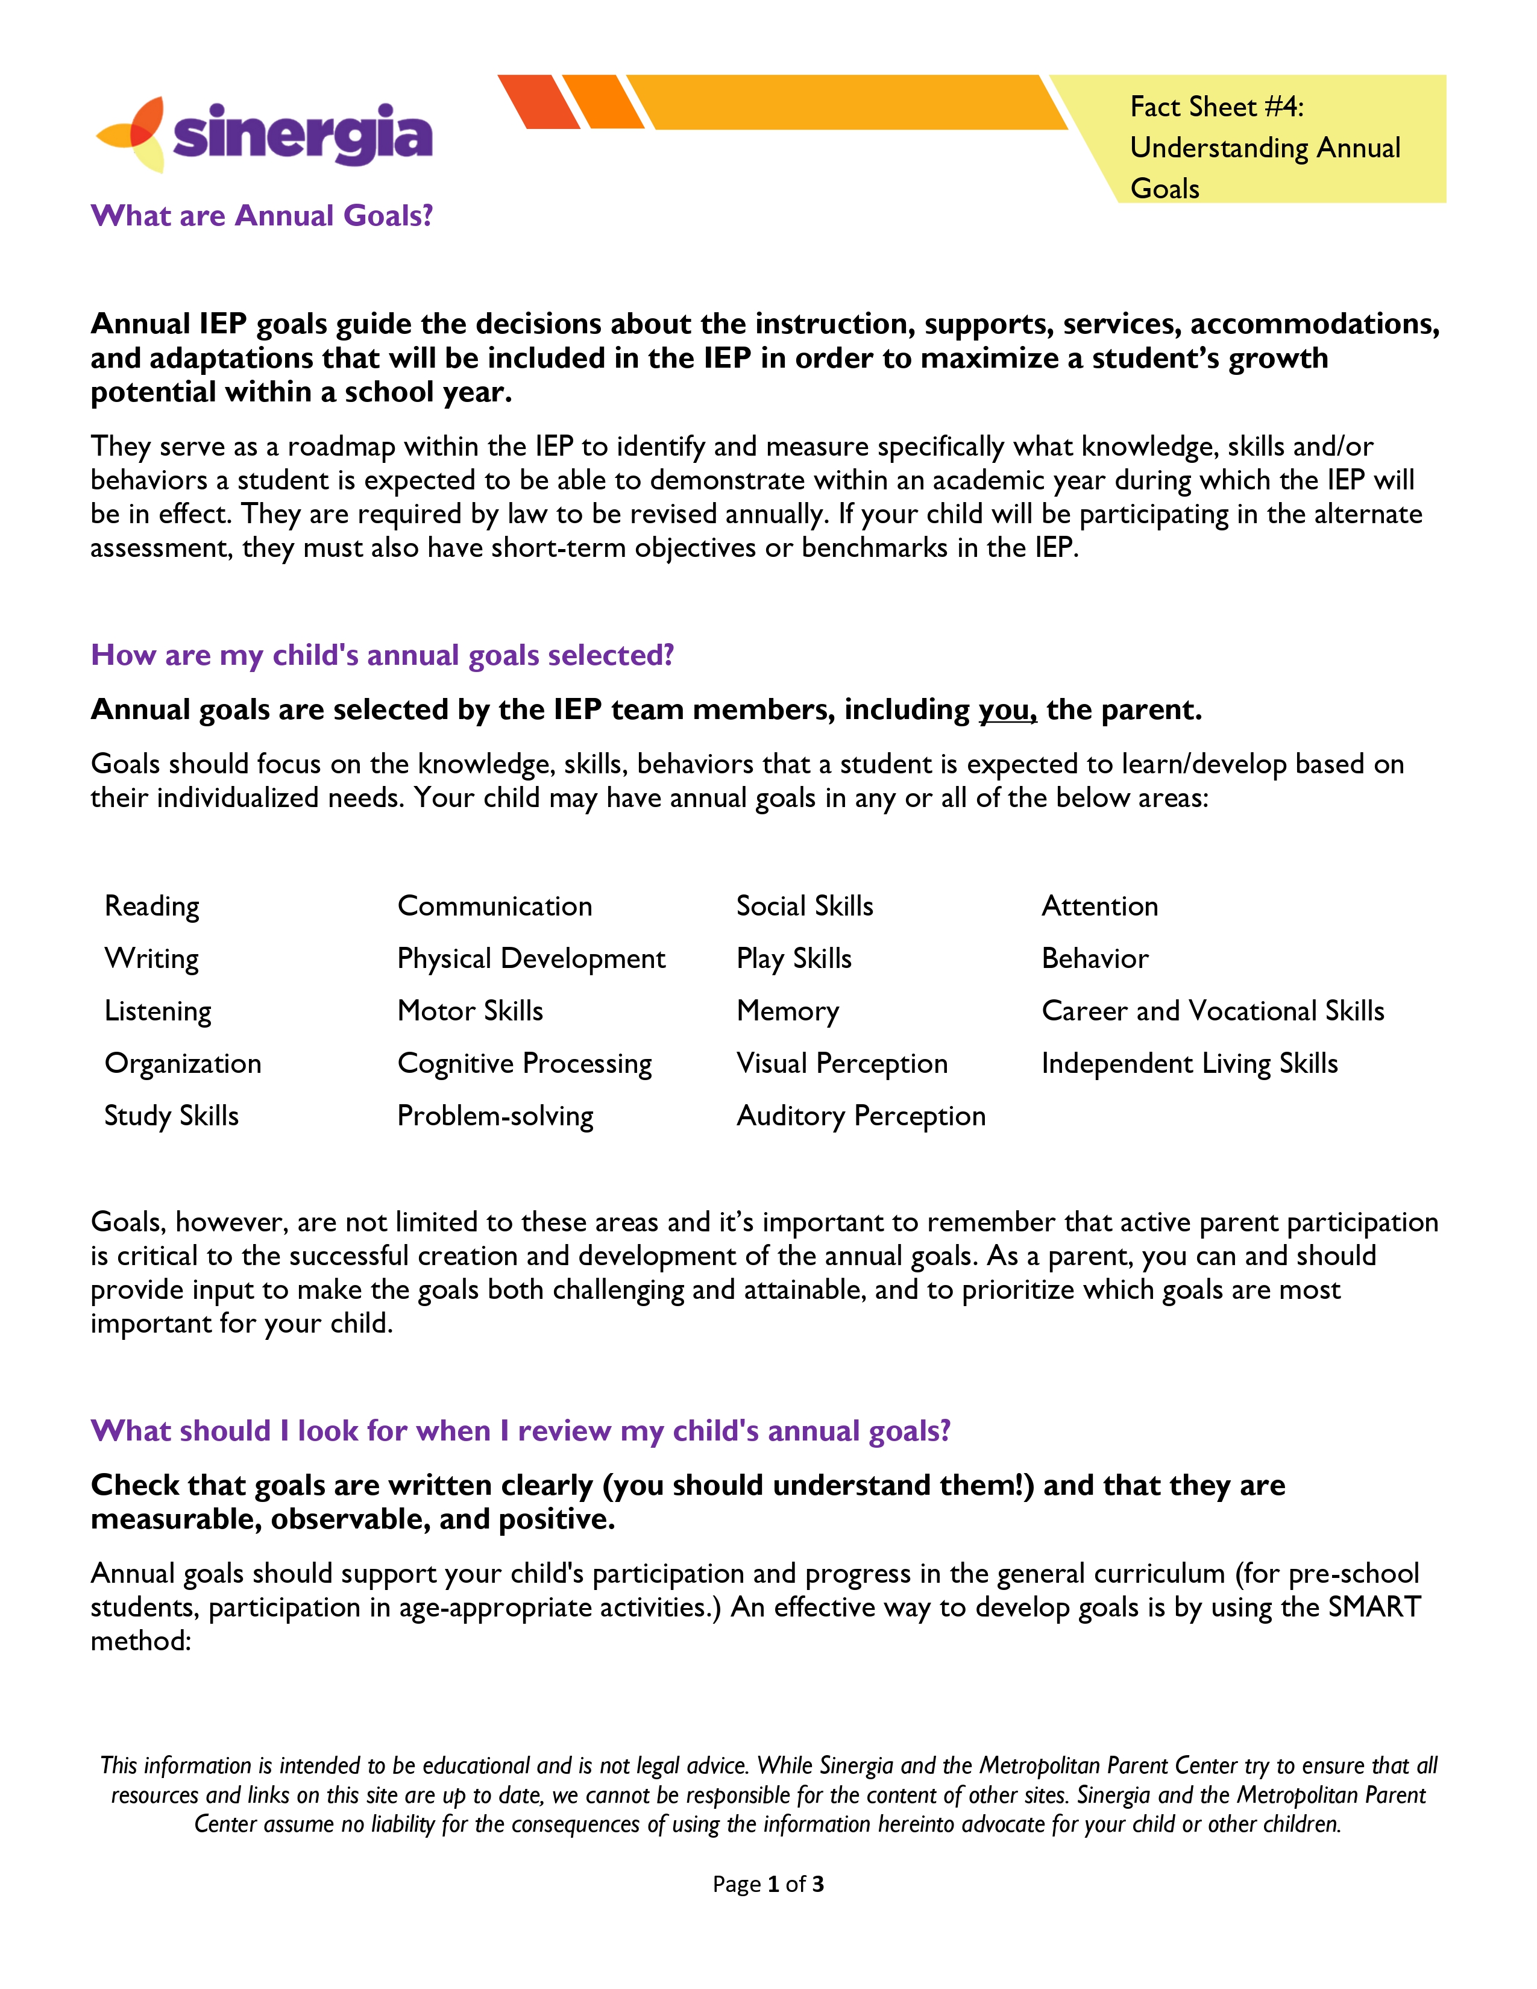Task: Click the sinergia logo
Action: (264, 135)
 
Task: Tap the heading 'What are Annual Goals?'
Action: (262, 216)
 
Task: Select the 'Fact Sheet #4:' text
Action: (1216, 107)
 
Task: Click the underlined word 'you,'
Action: (1007, 709)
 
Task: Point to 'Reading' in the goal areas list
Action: (152, 906)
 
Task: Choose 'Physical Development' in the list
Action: (531, 959)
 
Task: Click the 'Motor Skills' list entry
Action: (470, 1011)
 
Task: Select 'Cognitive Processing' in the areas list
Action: (524, 1064)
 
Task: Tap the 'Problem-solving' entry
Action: (495, 1116)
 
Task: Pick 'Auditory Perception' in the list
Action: (861, 1116)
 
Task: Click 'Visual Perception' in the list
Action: (841, 1064)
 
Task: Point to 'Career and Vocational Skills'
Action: (1212, 1011)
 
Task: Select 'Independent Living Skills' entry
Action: (1189, 1064)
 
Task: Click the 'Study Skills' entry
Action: (171, 1116)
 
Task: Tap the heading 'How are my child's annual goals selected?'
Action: (382, 656)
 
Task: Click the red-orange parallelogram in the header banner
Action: (539, 102)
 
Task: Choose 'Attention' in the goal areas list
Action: (1099, 906)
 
